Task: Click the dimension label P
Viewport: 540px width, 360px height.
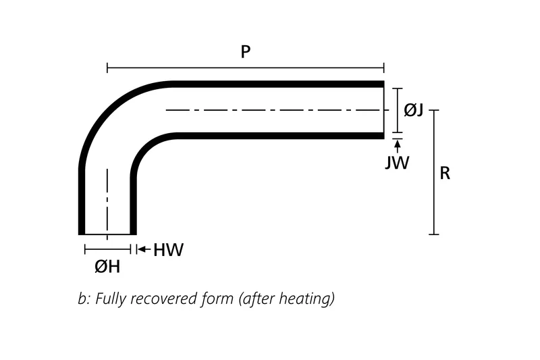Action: tap(246, 53)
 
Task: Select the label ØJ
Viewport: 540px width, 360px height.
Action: tap(413, 109)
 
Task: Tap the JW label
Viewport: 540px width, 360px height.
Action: tap(397, 162)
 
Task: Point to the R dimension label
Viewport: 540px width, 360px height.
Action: tap(445, 173)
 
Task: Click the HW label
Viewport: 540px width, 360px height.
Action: tap(168, 250)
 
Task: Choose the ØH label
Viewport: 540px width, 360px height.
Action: tap(107, 267)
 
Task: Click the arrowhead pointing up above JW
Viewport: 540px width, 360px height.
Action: tap(397, 143)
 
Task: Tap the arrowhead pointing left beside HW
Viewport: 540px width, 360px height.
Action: tap(140, 249)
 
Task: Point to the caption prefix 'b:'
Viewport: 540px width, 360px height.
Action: tap(84, 298)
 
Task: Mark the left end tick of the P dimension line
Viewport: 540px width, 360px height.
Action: tap(107, 68)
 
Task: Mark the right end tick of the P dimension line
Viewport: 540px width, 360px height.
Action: tap(383, 68)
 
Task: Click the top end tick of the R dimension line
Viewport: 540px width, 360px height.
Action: tap(433, 110)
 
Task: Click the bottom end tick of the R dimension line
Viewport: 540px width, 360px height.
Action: tap(433, 234)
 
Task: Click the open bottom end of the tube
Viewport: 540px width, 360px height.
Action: tap(107, 234)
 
